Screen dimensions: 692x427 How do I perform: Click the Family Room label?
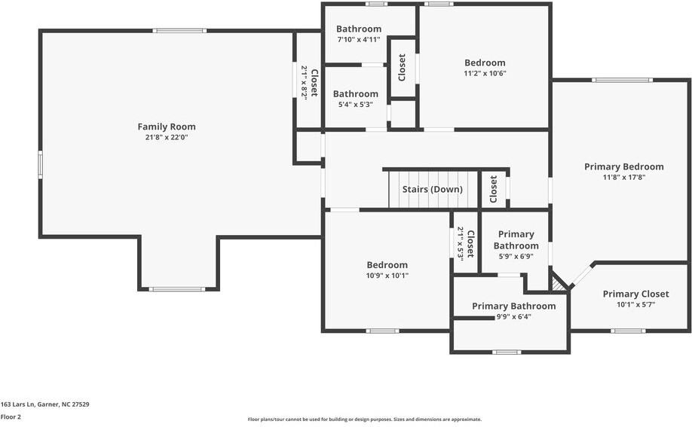coord(167,127)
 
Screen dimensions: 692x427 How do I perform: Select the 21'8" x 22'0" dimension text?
coord(167,137)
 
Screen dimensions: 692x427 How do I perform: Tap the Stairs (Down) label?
coord(433,189)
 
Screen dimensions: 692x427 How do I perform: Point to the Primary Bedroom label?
coord(624,166)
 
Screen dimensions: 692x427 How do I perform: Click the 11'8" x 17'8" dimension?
coord(624,177)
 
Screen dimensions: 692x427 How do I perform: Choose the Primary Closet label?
coord(636,294)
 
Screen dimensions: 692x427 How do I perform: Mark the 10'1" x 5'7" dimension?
coord(636,304)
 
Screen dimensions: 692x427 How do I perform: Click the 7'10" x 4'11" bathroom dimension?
coord(359,39)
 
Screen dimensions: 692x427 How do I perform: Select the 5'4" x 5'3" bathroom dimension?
coord(356,105)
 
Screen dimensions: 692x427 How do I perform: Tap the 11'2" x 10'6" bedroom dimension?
coord(485,73)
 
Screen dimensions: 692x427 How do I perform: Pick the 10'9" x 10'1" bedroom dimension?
coord(387,276)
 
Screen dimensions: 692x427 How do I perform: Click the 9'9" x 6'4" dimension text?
coord(513,317)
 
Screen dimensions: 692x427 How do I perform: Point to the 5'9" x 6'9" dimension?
coord(516,256)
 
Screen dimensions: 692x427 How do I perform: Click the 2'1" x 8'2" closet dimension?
coord(304,83)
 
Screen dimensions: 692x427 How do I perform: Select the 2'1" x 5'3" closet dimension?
coord(461,243)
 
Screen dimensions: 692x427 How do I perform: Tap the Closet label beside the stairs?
coord(494,189)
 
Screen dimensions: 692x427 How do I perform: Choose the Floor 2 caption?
coord(11,417)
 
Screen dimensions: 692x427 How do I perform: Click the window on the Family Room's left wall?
coord(40,164)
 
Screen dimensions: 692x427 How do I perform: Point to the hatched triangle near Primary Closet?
coord(557,284)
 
